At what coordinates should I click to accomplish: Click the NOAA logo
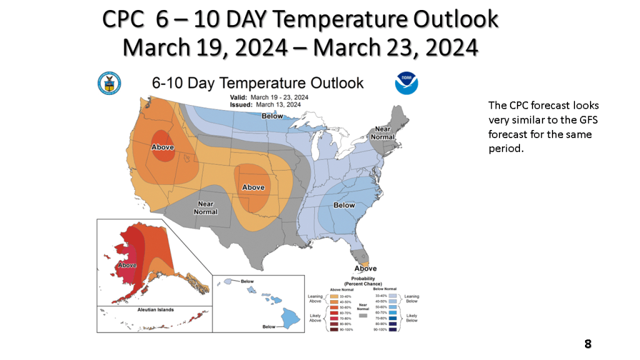coord(406,83)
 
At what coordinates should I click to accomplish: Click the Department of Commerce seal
coord(109,83)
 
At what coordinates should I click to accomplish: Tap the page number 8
coord(587,344)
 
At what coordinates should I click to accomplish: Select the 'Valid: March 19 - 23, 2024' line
coord(269,97)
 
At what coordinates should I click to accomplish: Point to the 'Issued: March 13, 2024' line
coord(269,105)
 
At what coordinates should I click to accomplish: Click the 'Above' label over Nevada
coord(162,147)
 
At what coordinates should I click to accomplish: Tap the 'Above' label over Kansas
coord(253,187)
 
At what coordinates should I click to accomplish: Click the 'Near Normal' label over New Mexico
coord(206,207)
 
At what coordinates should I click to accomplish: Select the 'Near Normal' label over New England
coord(383,132)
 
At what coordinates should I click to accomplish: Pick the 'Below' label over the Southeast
coord(344,204)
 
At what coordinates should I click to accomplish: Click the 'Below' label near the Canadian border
coord(272,116)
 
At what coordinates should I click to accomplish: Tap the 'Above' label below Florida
coord(366,268)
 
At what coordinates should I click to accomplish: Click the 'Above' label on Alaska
coord(127,266)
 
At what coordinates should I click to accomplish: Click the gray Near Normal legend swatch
coord(363,316)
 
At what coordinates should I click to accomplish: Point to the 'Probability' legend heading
coord(363,279)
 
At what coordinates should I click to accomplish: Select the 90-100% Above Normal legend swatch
coord(334,329)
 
